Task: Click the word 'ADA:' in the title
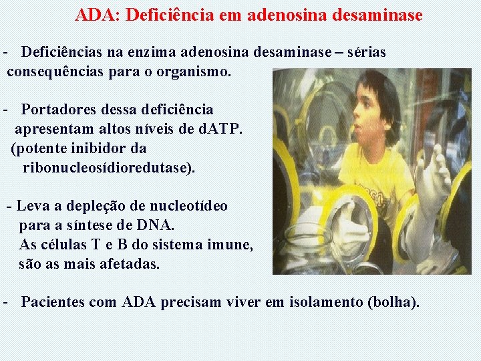(x=95, y=15)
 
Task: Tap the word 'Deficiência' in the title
(x=164, y=15)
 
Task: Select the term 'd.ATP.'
(x=221, y=128)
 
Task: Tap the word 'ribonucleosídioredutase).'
(x=109, y=167)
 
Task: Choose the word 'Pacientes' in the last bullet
(x=53, y=302)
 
